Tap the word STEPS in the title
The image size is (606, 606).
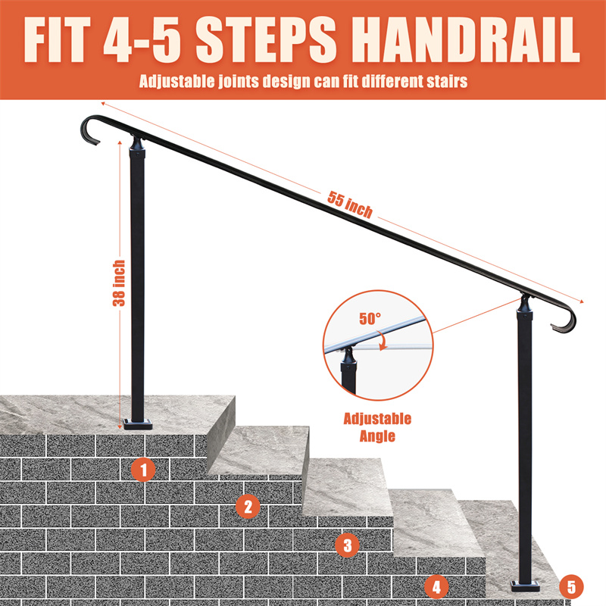[266, 39]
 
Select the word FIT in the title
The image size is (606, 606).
[57, 39]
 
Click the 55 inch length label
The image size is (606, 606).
[350, 205]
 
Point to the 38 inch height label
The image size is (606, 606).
[119, 283]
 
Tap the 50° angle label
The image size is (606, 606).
[370, 318]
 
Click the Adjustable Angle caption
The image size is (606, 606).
[377, 427]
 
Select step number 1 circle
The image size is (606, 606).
[143, 470]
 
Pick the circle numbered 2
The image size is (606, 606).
[248, 506]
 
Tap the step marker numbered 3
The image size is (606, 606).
[348, 545]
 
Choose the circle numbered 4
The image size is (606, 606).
[436, 587]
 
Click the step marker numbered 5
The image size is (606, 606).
[571, 586]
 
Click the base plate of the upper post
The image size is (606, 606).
[138, 424]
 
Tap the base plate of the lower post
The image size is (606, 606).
[525, 586]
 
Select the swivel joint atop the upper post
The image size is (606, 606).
[138, 144]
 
